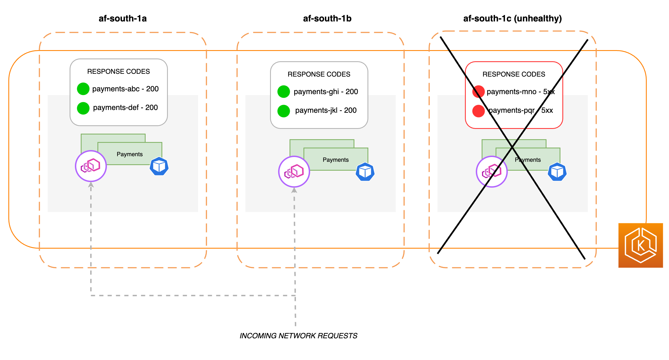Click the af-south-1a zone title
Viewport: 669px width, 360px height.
[x=122, y=18]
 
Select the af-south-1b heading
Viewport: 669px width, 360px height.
[x=327, y=18]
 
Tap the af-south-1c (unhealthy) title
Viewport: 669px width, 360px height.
[x=512, y=18]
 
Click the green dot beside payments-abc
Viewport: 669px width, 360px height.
[x=83, y=89]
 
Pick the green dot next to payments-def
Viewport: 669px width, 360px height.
[x=83, y=108]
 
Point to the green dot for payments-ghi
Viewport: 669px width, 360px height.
[x=283, y=92]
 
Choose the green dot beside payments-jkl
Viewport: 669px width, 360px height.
[x=283, y=111]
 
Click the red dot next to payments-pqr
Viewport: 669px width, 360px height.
[x=478, y=111]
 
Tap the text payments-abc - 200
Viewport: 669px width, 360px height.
[x=125, y=89]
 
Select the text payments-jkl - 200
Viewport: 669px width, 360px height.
[x=326, y=110]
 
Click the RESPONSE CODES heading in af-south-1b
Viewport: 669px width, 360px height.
[x=319, y=74]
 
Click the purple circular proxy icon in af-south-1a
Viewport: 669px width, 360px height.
[x=91, y=166]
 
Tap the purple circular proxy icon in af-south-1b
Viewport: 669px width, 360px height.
[x=294, y=172]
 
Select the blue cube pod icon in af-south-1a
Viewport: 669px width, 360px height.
[x=159, y=166]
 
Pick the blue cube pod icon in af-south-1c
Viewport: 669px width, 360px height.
[x=557, y=172]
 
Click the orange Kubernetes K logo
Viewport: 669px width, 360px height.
[x=641, y=245]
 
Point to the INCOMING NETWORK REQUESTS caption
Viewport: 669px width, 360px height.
[x=298, y=335]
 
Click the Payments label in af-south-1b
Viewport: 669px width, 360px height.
[x=335, y=160]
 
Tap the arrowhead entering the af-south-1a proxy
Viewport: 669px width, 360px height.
[x=91, y=185]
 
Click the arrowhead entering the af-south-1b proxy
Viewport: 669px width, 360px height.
[x=294, y=190]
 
